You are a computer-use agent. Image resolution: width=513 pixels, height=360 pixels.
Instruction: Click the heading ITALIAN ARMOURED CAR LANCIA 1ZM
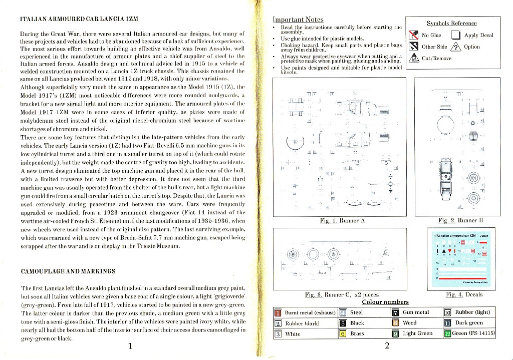[79, 19]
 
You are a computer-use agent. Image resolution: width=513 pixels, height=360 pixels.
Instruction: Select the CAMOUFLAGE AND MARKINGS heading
[68, 271]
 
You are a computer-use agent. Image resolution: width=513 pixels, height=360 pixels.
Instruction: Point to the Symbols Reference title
[451, 23]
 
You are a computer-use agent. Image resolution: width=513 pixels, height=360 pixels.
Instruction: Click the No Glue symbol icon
[414, 35]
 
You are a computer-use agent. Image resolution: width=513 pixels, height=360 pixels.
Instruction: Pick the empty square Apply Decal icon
[455, 35]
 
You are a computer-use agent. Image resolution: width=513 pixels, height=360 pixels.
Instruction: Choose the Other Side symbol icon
[414, 47]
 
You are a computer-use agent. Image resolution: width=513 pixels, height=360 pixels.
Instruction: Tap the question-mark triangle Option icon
[455, 47]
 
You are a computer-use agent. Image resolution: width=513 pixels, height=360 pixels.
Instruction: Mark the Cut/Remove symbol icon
[414, 58]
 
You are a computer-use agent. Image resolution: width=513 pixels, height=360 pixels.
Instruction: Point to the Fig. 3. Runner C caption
[342, 295]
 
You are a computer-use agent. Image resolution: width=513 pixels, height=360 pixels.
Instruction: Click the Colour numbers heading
[385, 302]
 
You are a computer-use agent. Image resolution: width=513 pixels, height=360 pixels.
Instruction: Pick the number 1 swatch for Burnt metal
[278, 313]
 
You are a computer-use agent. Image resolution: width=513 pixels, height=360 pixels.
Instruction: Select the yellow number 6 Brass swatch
[343, 333]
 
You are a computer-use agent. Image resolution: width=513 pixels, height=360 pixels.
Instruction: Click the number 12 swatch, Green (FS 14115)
[447, 333]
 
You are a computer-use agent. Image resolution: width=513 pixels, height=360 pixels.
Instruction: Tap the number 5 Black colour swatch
[343, 323]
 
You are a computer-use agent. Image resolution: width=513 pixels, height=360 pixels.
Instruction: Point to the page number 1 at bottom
[130, 345]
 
